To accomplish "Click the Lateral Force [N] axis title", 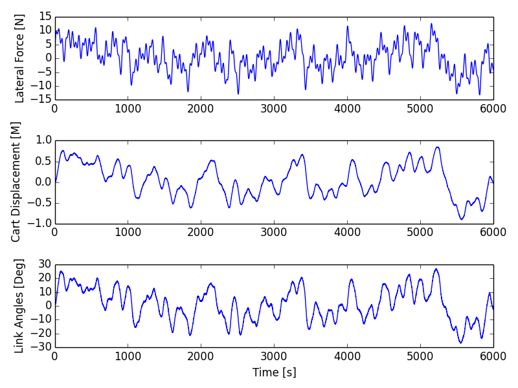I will (x=19, y=58).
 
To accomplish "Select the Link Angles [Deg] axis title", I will (x=19, y=306).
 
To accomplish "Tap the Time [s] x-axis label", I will (x=274, y=372).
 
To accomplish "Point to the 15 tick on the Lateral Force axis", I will (x=45, y=16).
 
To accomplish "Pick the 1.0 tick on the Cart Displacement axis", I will (x=43, y=140).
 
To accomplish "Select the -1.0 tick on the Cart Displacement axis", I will (x=41, y=224).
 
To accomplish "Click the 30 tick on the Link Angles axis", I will (x=45, y=264).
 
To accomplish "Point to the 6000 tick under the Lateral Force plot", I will (x=493, y=109).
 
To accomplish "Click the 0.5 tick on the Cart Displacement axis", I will (x=43, y=161).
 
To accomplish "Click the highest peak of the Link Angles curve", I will (x=436, y=269).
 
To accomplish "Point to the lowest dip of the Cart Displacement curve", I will (x=462, y=219).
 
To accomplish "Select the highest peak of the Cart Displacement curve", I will (x=438, y=147).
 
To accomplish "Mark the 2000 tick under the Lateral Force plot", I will (x=201, y=109).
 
